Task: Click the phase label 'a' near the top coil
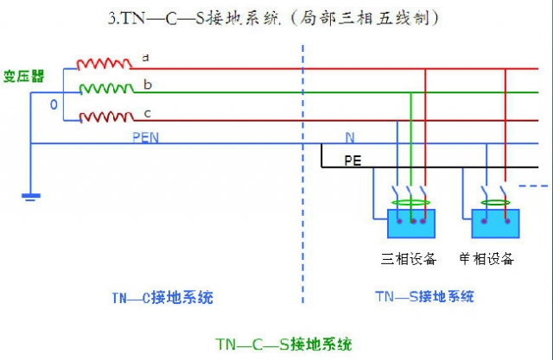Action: point(145,57)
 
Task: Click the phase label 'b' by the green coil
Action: point(148,85)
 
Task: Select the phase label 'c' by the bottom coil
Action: point(148,113)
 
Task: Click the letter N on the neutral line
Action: point(349,137)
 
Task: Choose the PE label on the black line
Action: point(353,160)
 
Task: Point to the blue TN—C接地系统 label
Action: point(162,298)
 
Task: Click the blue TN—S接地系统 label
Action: point(424,297)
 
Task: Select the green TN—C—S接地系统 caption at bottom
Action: point(283,344)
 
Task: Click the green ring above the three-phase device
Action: point(410,204)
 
